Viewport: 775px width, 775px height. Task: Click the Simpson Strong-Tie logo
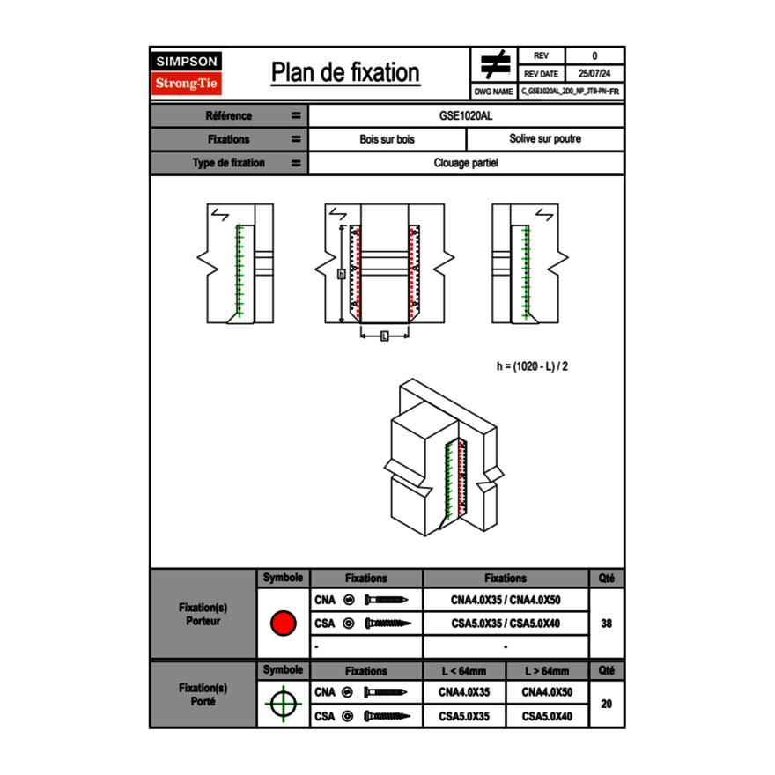tap(187, 73)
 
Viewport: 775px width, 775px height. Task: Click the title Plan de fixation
tap(344, 73)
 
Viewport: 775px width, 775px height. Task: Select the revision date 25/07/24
tap(594, 74)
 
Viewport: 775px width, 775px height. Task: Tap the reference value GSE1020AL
tap(466, 116)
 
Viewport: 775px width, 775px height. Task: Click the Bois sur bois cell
tap(387, 139)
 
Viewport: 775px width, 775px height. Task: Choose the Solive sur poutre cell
tap(544, 139)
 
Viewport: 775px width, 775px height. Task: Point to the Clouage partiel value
tap(466, 163)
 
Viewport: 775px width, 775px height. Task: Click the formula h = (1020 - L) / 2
tap(538, 365)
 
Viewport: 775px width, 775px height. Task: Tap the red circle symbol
tap(282, 624)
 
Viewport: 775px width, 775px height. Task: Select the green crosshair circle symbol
tap(282, 705)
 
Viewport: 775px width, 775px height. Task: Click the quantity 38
tap(606, 624)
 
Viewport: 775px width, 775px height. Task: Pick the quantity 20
tap(606, 705)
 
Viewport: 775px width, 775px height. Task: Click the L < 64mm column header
tap(463, 671)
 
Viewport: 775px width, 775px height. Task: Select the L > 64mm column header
tap(546, 671)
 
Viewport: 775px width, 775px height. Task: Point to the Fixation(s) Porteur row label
tap(203, 615)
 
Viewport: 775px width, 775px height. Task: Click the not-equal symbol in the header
tap(494, 64)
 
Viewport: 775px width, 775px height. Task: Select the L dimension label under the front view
tap(384, 336)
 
